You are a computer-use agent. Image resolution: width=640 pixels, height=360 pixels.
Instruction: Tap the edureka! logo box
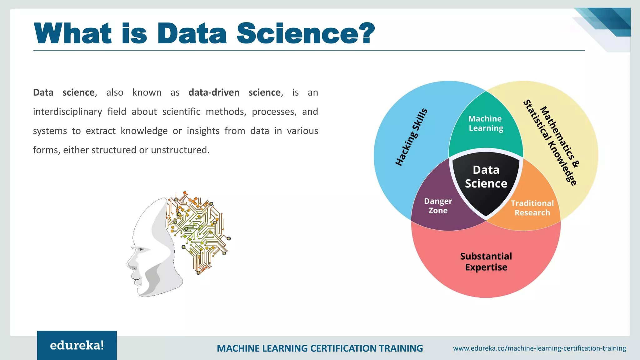[77, 345]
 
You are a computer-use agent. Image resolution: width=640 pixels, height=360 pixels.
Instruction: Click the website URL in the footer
[539, 348]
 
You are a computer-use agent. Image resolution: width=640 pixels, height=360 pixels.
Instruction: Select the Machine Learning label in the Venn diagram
[486, 123]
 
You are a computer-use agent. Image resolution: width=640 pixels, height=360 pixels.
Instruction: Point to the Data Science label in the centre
[486, 177]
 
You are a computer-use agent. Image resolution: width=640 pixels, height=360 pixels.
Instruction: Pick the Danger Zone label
[438, 206]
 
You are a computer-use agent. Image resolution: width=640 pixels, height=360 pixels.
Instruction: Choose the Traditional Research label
[532, 208]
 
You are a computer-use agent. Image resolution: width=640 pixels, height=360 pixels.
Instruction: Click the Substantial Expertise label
[486, 262]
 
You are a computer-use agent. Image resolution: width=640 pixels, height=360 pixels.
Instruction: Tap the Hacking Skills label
[411, 137]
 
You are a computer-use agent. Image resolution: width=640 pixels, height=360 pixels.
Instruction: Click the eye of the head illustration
[141, 249]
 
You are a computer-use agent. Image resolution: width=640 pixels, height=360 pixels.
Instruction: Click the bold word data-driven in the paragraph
[214, 92]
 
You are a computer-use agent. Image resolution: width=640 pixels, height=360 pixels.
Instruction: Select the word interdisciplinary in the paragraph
[67, 112]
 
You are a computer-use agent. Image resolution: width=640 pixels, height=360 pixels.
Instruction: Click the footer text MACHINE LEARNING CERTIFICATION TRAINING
[320, 348]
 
